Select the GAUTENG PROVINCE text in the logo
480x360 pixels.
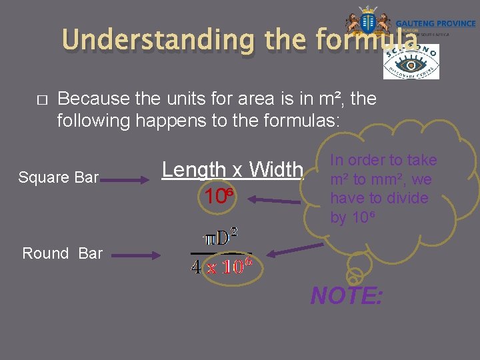pyautogui.click(x=435, y=23)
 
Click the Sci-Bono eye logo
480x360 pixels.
pyautogui.click(x=411, y=62)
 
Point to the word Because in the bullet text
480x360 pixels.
pyautogui.click(x=93, y=99)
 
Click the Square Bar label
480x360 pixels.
pyautogui.click(x=59, y=177)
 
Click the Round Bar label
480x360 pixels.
pyautogui.click(x=62, y=253)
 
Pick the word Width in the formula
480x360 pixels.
pyautogui.click(x=276, y=170)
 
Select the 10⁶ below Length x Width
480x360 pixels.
pyautogui.click(x=219, y=197)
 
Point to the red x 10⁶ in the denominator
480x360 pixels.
pyautogui.click(x=229, y=267)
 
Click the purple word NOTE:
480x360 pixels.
pyautogui.click(x=347, y=295)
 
